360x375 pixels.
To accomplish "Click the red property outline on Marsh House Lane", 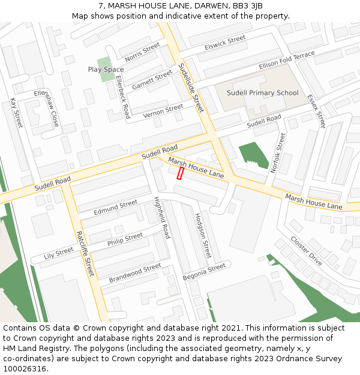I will tap(180, 173).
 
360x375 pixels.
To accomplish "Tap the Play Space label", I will tap(106, 70).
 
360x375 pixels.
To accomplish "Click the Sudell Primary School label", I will tap(262, 93).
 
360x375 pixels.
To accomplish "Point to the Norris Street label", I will tap(142, 52).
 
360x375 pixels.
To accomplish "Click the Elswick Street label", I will tap(225, 43).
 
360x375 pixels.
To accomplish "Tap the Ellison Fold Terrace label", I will tap(287, 60).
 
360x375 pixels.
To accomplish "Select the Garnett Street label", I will tap(152, 80).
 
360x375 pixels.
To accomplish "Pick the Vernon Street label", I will tap(163, 111).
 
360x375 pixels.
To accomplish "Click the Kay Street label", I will tap(16, 112).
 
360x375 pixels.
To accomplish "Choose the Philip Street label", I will tap(125, 239).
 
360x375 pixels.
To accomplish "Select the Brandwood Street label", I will tap(135, 273).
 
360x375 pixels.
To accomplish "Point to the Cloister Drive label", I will tap(306, 251).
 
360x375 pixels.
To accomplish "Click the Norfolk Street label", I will tap(278, 153).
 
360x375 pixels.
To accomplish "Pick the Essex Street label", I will tap(316, 111).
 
